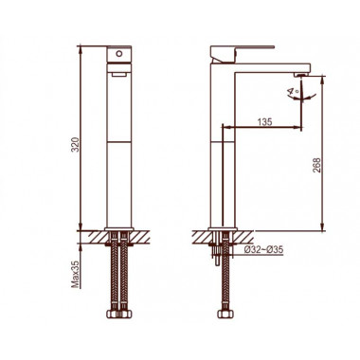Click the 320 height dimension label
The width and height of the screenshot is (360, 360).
pos(75,144)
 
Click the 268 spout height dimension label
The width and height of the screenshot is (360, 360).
pos(316,165)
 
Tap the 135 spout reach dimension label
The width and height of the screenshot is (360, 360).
pos(264,122)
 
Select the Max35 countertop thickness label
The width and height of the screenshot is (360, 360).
pos(75,273)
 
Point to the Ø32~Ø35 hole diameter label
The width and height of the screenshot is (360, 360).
pos(264,250)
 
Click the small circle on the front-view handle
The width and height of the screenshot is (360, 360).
pos(119,54)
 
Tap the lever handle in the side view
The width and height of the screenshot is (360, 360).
pos(243,54)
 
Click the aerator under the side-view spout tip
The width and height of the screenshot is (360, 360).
pos(301,75)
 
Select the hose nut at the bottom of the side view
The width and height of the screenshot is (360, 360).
pos(225,315)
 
